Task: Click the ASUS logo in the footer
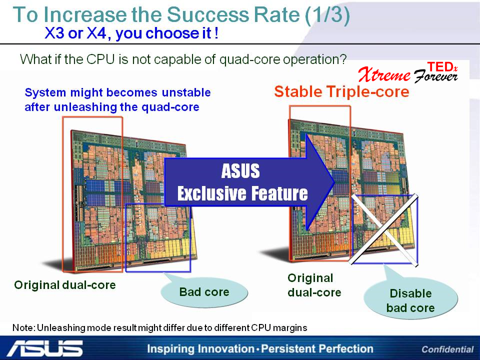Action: tap(45, 348)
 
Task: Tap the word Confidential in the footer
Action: tap(447, 349)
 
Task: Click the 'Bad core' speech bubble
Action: tap(204, 291)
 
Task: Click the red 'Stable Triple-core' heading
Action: tap(341, 91)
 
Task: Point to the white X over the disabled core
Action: tap(384, 229)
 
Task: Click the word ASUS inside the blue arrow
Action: tap(240, 171)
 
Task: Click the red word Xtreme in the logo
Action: tap(384, 74)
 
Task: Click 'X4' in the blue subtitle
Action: tap(96, 33)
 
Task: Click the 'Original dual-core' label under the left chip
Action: tap(65, 285)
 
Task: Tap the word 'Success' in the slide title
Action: tap(208, 14)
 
